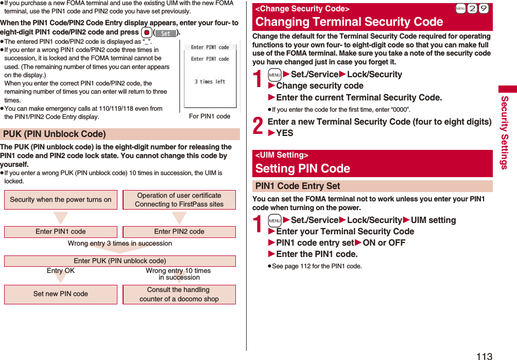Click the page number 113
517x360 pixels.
484,355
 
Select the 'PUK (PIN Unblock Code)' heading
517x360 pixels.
55,134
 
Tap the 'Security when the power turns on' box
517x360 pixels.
61,200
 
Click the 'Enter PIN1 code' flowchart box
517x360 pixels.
61,232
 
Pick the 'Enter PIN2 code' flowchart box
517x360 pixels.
179,232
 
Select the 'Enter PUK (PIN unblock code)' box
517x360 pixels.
120,261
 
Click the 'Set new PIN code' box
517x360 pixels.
61,294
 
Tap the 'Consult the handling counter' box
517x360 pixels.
179,294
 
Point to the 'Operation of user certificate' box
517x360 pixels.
179,200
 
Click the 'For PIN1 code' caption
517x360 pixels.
210,116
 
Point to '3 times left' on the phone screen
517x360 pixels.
210,81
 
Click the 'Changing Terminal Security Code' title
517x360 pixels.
349,22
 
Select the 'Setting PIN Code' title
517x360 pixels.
303,168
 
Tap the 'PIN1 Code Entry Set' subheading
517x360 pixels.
298,186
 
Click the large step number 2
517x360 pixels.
259,125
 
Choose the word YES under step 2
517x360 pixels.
285,133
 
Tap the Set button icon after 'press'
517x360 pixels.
165,33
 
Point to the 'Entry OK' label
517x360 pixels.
61,271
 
